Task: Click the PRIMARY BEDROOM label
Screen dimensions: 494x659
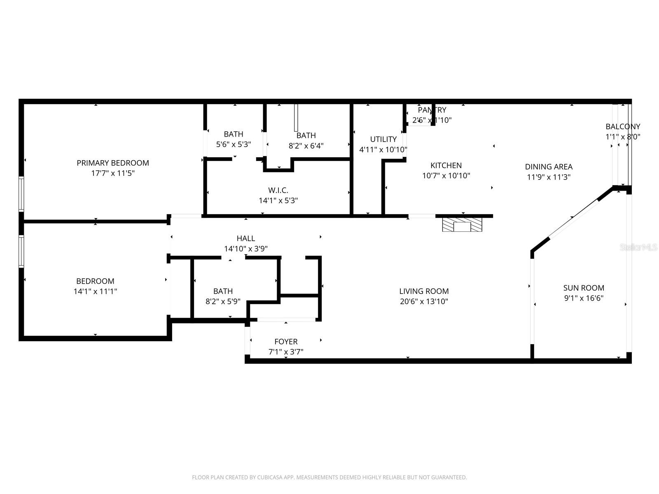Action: pos(113,163)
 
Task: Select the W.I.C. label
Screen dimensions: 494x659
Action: pos(278,190)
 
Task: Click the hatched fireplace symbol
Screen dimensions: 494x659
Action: pos(462,225)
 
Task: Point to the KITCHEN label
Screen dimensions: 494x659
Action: pos(446,165)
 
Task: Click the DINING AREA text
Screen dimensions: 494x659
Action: pos(549,167)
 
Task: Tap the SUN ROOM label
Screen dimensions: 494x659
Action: pos(584,288)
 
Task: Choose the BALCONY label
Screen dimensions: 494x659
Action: pos(623,126)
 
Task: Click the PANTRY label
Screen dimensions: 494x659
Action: pos(432,110)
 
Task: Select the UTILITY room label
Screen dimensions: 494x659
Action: pos(383,139)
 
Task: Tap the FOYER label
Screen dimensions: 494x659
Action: pos(286,342)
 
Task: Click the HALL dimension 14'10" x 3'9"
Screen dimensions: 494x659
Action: pos(246,249)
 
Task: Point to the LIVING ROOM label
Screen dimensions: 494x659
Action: pos(424,291)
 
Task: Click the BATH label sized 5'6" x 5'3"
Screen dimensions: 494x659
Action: pos(234,134)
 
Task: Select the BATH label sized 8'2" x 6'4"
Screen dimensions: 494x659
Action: pos(306,135)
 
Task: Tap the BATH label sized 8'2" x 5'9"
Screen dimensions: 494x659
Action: pos(223,291)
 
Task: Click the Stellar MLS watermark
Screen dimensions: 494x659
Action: pos(639,247)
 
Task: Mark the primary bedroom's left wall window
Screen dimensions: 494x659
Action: pos(21,194)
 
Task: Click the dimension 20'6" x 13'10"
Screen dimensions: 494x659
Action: pos(424,301)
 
